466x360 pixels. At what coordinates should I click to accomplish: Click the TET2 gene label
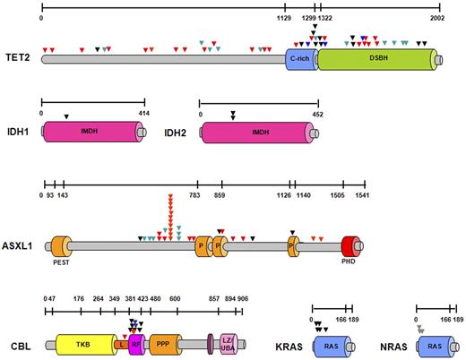click(x=15, y=56)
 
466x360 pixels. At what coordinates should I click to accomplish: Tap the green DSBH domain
click(x=375, y=57)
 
